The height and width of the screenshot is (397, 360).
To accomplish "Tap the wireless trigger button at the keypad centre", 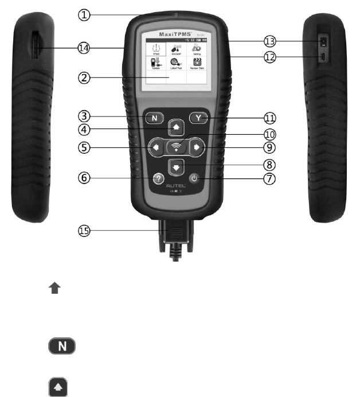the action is pyautogui.click(x=176, y=147).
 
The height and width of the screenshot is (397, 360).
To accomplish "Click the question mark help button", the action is pyautogui.click(x=157, y=178).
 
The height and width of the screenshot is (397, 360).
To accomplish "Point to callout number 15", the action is pyautogui.click(x=84, y=231).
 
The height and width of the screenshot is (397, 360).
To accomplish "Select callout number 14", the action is pyautogui.click(x=84, y=49).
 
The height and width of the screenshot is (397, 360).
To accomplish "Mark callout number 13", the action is pyautogui.click(x=269, y=41).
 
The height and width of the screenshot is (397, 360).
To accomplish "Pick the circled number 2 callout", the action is pyautogui.click(x=84, y=79).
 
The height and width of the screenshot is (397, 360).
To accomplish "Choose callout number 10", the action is pyautogui.click(x=269, y=134).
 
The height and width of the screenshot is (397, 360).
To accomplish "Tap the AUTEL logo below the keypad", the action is pyautogui.click(x=176, y=188).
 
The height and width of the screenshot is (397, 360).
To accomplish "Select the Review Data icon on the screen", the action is pyautogui.click(x=197, y=61).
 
